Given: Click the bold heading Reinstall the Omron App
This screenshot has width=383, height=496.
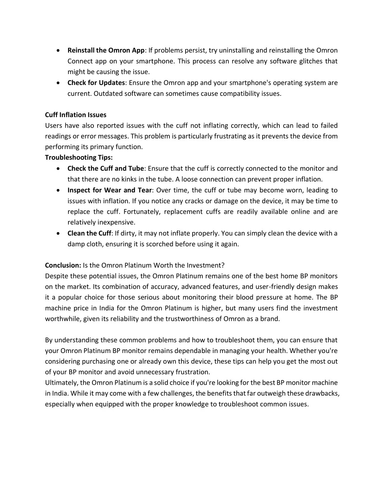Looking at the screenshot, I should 106,50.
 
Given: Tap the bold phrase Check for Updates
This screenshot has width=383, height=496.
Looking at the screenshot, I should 96,83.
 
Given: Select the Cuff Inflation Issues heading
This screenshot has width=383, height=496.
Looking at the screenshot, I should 76,115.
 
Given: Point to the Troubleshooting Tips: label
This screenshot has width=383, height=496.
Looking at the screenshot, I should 79,158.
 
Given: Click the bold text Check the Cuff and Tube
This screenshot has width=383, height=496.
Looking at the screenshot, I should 106,168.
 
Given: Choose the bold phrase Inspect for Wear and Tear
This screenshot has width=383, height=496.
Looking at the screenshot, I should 110,190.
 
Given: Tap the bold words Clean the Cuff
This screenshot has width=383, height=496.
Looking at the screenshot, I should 89,233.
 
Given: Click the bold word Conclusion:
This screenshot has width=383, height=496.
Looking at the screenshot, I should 63,265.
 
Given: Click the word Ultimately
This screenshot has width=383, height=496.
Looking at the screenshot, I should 62,383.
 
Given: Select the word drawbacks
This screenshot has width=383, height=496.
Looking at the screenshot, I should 322,393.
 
